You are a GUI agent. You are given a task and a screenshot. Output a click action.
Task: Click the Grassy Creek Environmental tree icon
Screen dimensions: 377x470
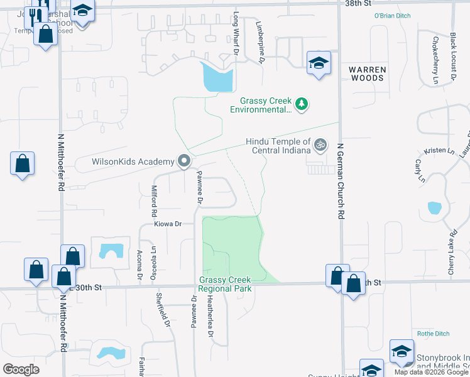click(302, 104)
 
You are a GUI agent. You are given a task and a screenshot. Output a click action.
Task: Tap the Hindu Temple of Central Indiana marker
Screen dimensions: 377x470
click(320, 145)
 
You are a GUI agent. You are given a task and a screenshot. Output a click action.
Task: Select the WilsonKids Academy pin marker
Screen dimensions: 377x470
click(184, 161)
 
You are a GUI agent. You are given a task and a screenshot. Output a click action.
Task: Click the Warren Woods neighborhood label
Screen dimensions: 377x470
click(367, 74)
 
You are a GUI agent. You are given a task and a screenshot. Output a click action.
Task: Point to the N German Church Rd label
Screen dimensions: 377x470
click(341, 180)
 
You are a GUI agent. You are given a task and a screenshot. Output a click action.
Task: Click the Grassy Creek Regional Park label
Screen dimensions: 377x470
click(225, 284)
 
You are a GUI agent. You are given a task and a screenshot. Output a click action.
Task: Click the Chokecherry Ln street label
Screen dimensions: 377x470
click(435, 60)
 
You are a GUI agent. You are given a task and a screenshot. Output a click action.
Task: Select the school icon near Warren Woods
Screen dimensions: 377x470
click(319, 63)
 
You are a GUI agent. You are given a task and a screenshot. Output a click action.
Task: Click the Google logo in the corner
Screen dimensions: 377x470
click(21, 369)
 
